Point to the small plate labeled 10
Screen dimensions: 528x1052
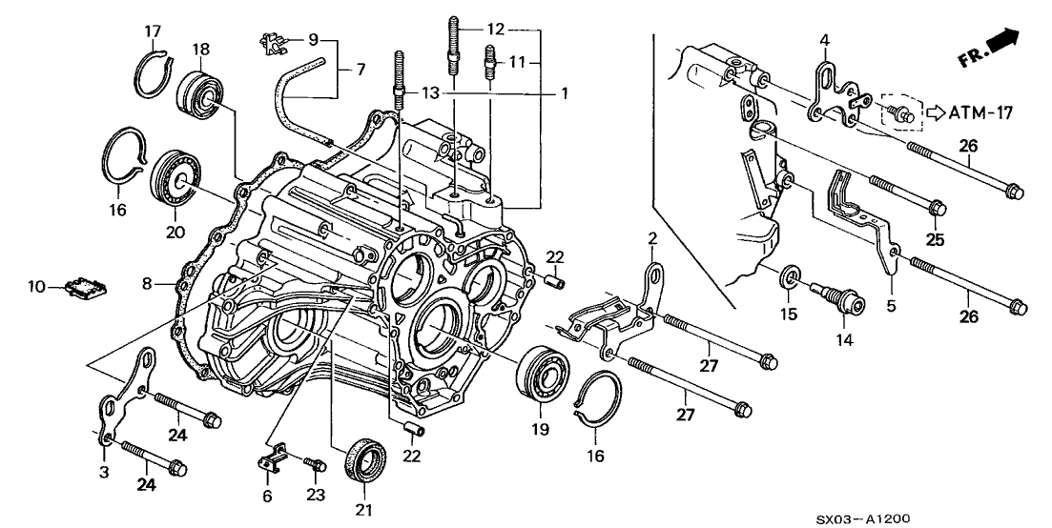point(87,286)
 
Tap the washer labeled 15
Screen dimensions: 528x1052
point(791,278)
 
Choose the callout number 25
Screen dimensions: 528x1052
point(935,241)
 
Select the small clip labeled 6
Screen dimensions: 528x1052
point(272,455)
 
